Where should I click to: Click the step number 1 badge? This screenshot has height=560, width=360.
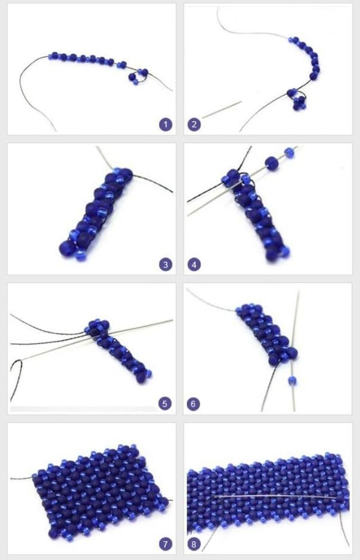[x=166, y=125]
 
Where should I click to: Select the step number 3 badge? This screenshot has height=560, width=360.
[x=166, y=265]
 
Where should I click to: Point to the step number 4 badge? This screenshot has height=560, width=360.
[x=194, y=265]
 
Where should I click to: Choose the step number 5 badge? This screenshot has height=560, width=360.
[x=165, y=404]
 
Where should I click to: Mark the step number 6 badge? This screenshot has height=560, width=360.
[x=193, y=404]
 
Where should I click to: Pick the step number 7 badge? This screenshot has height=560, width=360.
[x=166, y=544]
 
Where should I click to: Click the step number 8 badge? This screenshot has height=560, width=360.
[x=193, y=544]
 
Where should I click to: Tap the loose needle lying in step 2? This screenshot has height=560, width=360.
[x=221, y=110]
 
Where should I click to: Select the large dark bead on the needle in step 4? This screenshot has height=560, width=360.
[x=272, y=163]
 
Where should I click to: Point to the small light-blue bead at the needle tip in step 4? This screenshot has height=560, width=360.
[x=289, y=152]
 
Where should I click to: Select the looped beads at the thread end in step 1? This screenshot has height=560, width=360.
[x=138, y=77]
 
